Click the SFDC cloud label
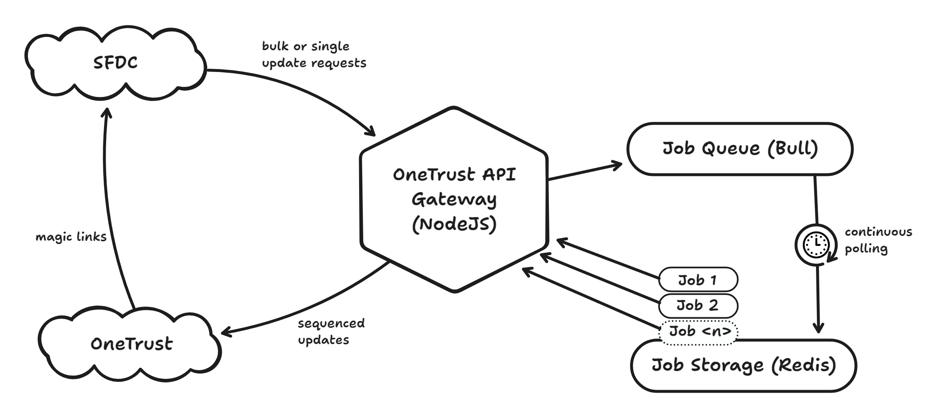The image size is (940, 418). tap(115, 63)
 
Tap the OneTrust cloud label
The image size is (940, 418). tap(131, 344)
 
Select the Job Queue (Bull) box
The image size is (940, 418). tap(740, 148)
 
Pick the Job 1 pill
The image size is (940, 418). tap(698, 280)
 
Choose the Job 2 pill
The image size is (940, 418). tap(698, 305)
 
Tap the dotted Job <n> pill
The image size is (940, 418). tap(699, 331)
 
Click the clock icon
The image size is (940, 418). tap(816, 245)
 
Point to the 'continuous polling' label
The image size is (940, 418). tap(878, 240)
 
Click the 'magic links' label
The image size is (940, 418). tap(71, 237)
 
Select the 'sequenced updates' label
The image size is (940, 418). tap(331, 331)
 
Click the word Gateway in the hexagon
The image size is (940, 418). tap(454, 200)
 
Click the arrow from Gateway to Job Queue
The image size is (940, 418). tap(585, 172)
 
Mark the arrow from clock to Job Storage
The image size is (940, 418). tap(818, 299)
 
